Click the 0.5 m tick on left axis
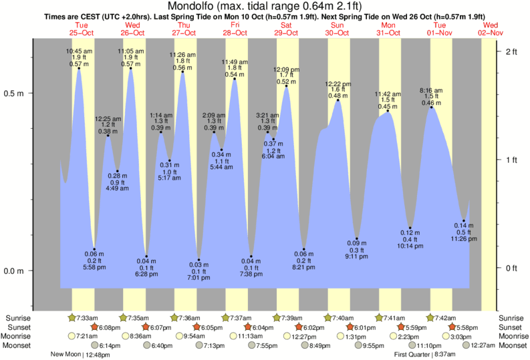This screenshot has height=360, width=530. pyautogui.click(x=31, y=94)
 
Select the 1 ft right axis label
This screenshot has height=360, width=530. pyautogui.click(x=511, y=160)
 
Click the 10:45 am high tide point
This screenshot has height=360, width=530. pyautogui.click(x=79, y=68)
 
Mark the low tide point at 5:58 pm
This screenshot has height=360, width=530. pyautogui.click(x=94, y=249)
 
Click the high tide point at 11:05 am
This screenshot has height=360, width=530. pyautogui.click(x=130, y=68)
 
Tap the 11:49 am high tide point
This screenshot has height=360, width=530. pyautogui.click(x=235, y=79)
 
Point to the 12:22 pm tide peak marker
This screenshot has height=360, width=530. pyautogui.click(x=338, y=100)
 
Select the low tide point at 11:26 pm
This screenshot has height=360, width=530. pyautogui.click(x=463, y=221)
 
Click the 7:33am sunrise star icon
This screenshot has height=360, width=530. pyautogui.click(x=72, y=317)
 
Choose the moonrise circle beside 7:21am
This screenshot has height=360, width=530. pyautogui.click(x=72, y=336)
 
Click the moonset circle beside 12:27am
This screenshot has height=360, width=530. pyautogui.click(x=466, y=345)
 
